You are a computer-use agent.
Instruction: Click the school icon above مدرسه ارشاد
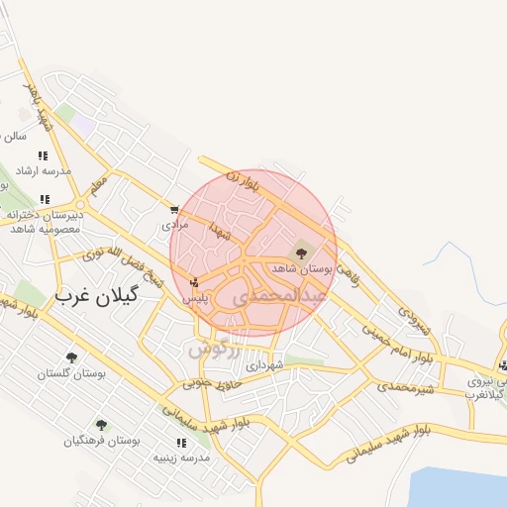[43, 155]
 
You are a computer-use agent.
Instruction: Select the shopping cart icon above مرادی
[174, 210]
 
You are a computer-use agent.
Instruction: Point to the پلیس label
[194, 297]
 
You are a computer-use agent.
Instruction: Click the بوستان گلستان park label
[69, 373]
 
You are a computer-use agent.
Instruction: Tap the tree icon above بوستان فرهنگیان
[101, 425]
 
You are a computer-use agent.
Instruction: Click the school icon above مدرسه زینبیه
[181, 443]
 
